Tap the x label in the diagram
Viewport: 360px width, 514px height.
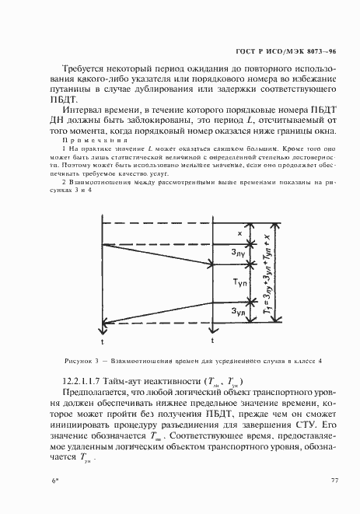[x=240, y=233]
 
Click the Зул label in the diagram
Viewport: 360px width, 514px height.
[x=239, y=312]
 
